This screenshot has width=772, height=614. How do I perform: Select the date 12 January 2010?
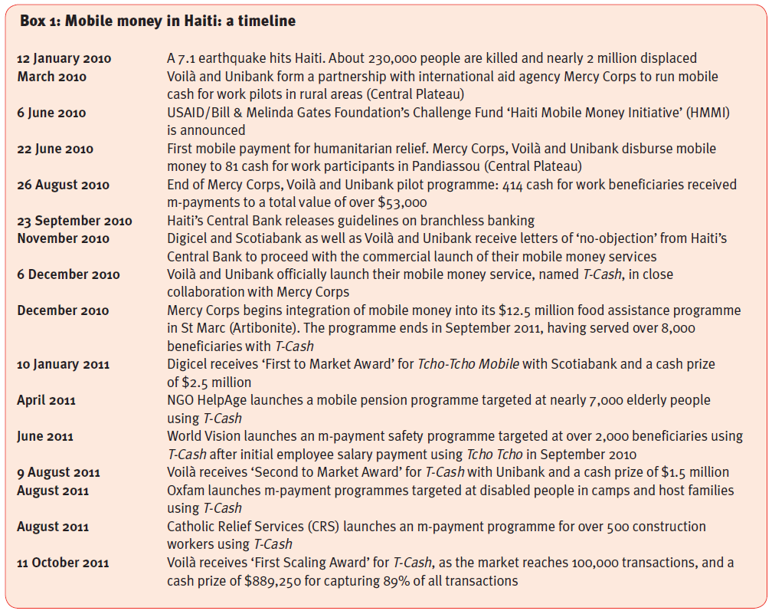[64, 59]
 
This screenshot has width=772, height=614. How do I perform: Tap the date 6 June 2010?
[52, 113]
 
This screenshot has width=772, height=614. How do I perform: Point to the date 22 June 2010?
[55, 149]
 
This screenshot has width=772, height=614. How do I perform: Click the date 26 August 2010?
[64, 185]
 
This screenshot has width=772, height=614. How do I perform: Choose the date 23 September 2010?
[74, 221]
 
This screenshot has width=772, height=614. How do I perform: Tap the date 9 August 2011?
[59, 473]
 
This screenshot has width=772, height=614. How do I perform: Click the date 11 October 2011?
[64, 563]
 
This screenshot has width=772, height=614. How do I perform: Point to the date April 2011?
[47, 401]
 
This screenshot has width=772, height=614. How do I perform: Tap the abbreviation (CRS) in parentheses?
[328, 527]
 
